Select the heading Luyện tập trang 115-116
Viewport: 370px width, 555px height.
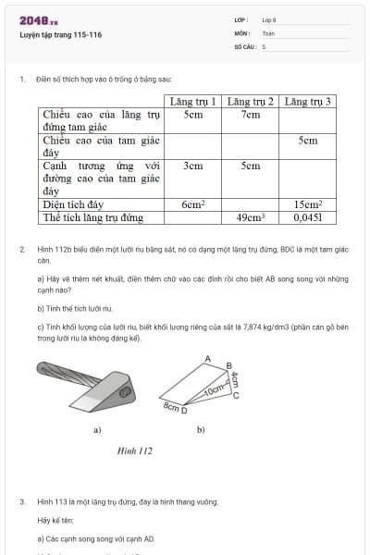click(x=60, y=35)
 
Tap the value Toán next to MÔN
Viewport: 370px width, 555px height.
click(x=267, y=32)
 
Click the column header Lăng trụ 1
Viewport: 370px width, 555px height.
click(x=192, y=101)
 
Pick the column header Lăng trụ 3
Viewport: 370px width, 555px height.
click(x=308, y=101)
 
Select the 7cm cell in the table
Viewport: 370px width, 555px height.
click(x=250, y=115)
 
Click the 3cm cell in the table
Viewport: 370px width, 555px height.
click(x=192, y=166)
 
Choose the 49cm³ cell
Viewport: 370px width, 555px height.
click(x=250, y=218)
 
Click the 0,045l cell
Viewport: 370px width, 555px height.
click(x=308, y=218)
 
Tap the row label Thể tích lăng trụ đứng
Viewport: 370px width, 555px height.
click(x=92, y=218)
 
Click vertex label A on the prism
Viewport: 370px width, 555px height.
click(x=208, y=357)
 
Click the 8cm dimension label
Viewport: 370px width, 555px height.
click(x=170, y=406)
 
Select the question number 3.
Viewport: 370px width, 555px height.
click(x=22, y=501)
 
